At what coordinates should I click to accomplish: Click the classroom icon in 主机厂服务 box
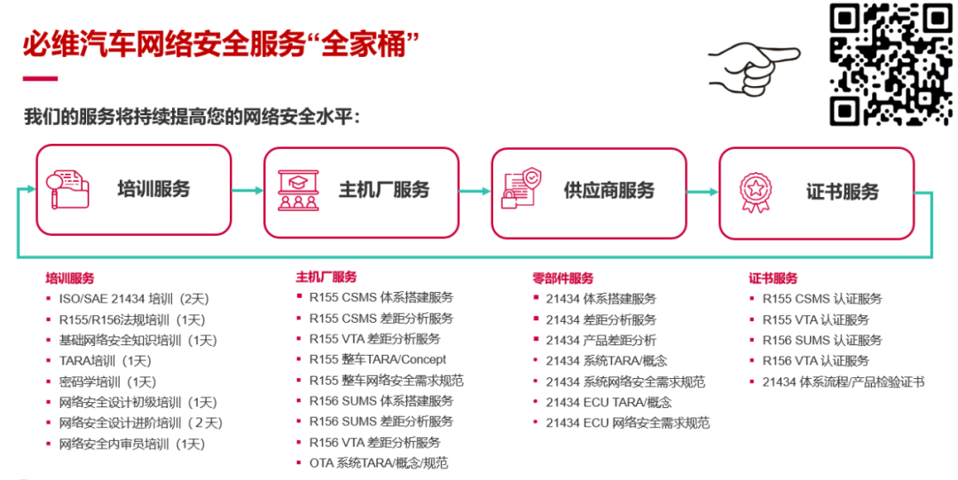(x=298, y=190)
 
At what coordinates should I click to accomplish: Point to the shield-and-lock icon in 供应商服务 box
(x=522, y=189)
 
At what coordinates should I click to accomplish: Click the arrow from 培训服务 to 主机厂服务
(x=247, y=191)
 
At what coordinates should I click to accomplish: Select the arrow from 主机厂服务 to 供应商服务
(x=475, y=191)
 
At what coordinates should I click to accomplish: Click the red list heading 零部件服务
(x=562, y=278)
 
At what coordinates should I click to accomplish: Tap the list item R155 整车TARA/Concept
(x=376, y=359)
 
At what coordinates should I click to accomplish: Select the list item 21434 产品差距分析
(x=601, y=340)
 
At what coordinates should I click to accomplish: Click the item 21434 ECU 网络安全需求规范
(x=627, y=422)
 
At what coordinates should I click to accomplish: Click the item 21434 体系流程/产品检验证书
(x=843, y=382)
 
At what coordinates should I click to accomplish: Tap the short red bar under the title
(x=40, y=79)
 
